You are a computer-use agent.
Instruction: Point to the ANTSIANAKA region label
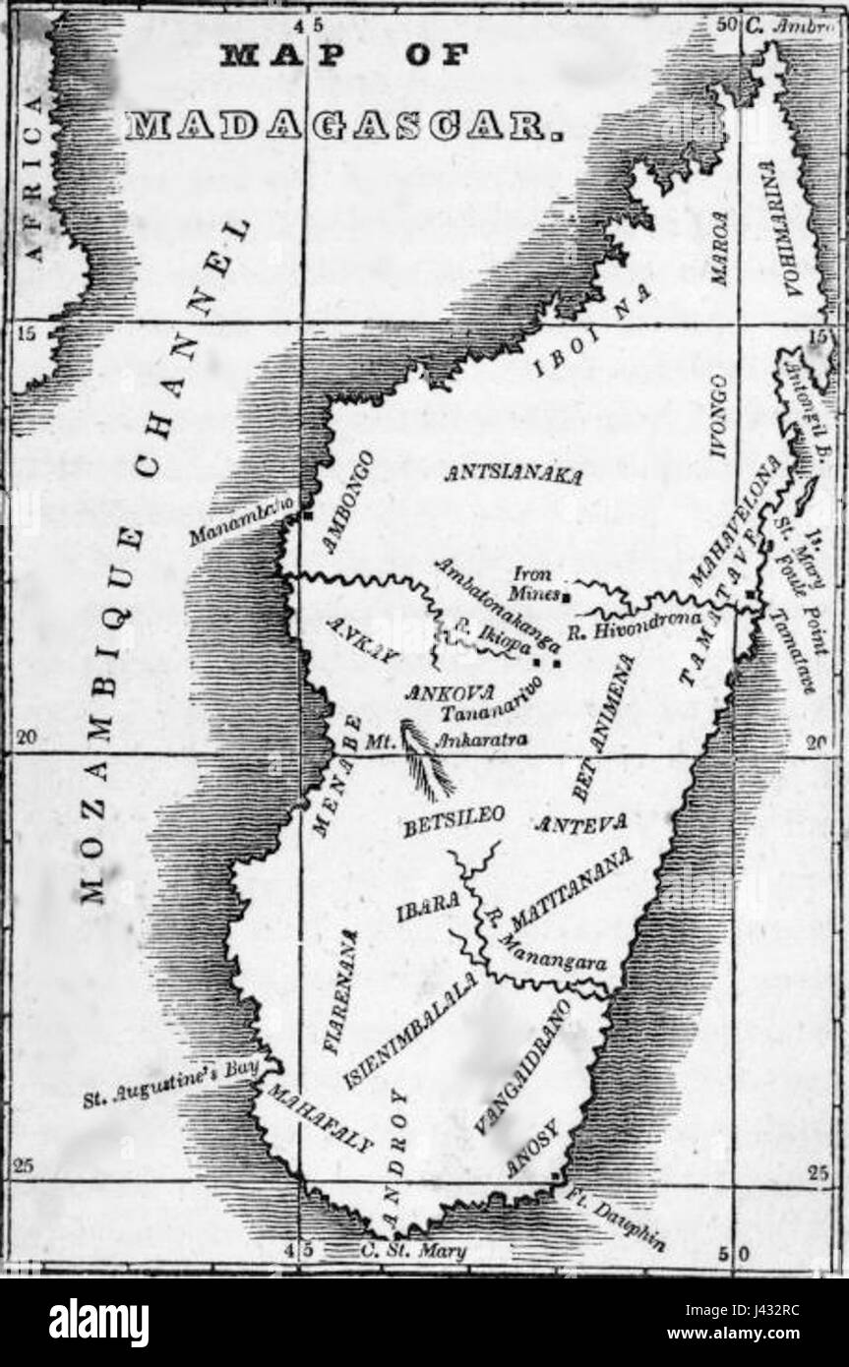513,475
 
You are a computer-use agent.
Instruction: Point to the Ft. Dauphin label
616,1218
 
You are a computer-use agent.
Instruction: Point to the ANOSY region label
531,1150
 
